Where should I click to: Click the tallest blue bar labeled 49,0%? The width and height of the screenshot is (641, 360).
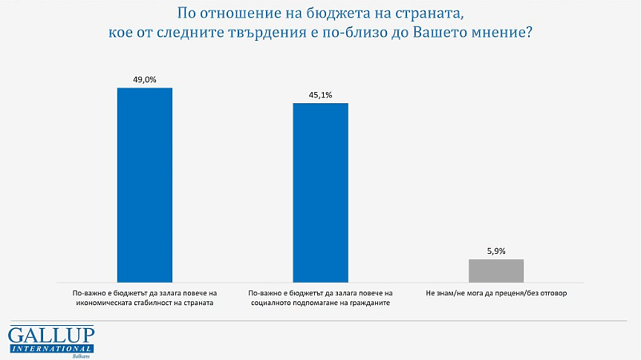(x=145, y=185)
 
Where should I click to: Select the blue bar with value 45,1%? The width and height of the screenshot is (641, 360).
(x=320, y=192)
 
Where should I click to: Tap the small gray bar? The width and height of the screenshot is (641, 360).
(x=496, y=271)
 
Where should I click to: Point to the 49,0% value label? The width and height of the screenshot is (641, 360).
(x=145, y=79)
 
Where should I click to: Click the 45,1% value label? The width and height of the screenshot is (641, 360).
(x=320, y=94)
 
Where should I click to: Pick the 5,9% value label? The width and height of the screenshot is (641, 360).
(x=496, y=251)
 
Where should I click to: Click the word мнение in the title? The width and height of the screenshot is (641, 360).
(x=496, y=33)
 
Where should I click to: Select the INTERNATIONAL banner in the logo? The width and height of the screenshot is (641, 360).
(x=51, y=348)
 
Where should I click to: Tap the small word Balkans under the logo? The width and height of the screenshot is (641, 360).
(x=80, y=356)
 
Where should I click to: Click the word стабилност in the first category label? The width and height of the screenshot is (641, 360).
(x=156, y=304)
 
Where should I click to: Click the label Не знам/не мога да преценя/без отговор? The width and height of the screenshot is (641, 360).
(x=496, y=293)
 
